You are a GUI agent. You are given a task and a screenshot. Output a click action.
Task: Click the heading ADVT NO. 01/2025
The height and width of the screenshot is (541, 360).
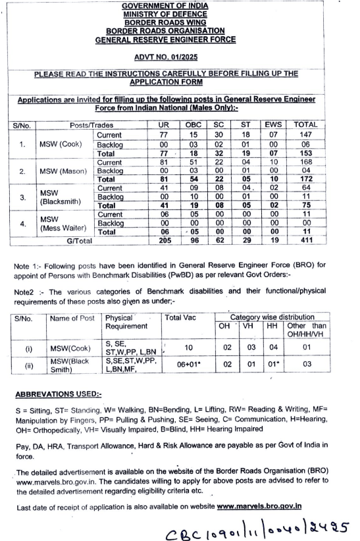pos(179,58)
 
